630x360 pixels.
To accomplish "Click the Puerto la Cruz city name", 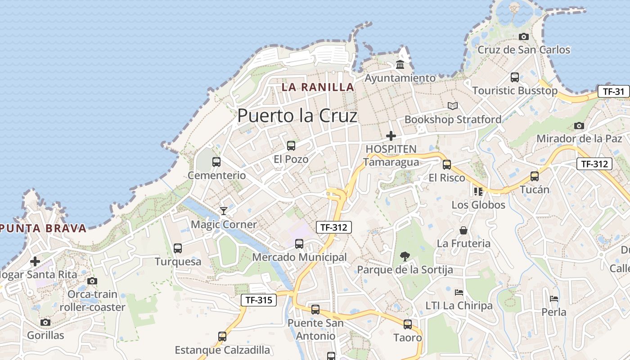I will tap(297, 116).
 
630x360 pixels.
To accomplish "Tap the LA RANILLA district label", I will tap(318, 87).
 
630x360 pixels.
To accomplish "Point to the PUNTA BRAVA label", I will tap(43, 228).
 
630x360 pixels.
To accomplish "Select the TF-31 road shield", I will tap(613, 92).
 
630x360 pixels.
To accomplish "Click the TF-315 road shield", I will tap(258, 300).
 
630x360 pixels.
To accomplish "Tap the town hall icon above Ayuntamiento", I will tap(400, 65).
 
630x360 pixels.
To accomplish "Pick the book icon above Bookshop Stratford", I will tap(452, 106).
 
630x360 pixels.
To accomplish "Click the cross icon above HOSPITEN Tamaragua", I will tap(391, 135).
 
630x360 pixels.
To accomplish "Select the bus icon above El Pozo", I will tap(291, 146).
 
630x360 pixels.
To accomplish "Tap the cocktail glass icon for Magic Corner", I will tap(224, 211).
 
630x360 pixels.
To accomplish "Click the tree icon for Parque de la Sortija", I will tap(405, 256).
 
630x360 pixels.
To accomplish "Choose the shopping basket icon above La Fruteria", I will tap(463, 230).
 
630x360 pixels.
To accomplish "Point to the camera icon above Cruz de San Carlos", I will tap(523, 37).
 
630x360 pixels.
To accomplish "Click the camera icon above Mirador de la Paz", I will tap(579, 126).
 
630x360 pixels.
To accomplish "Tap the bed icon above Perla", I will tap(553, 299).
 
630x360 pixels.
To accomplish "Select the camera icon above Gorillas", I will tap(45, 322).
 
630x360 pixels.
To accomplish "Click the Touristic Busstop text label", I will tap(515, 90).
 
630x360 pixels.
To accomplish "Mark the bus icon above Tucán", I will tap(535, 176).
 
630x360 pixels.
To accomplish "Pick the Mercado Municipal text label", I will tap(299, 257).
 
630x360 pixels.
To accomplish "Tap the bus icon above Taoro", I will tap(408, 324).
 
